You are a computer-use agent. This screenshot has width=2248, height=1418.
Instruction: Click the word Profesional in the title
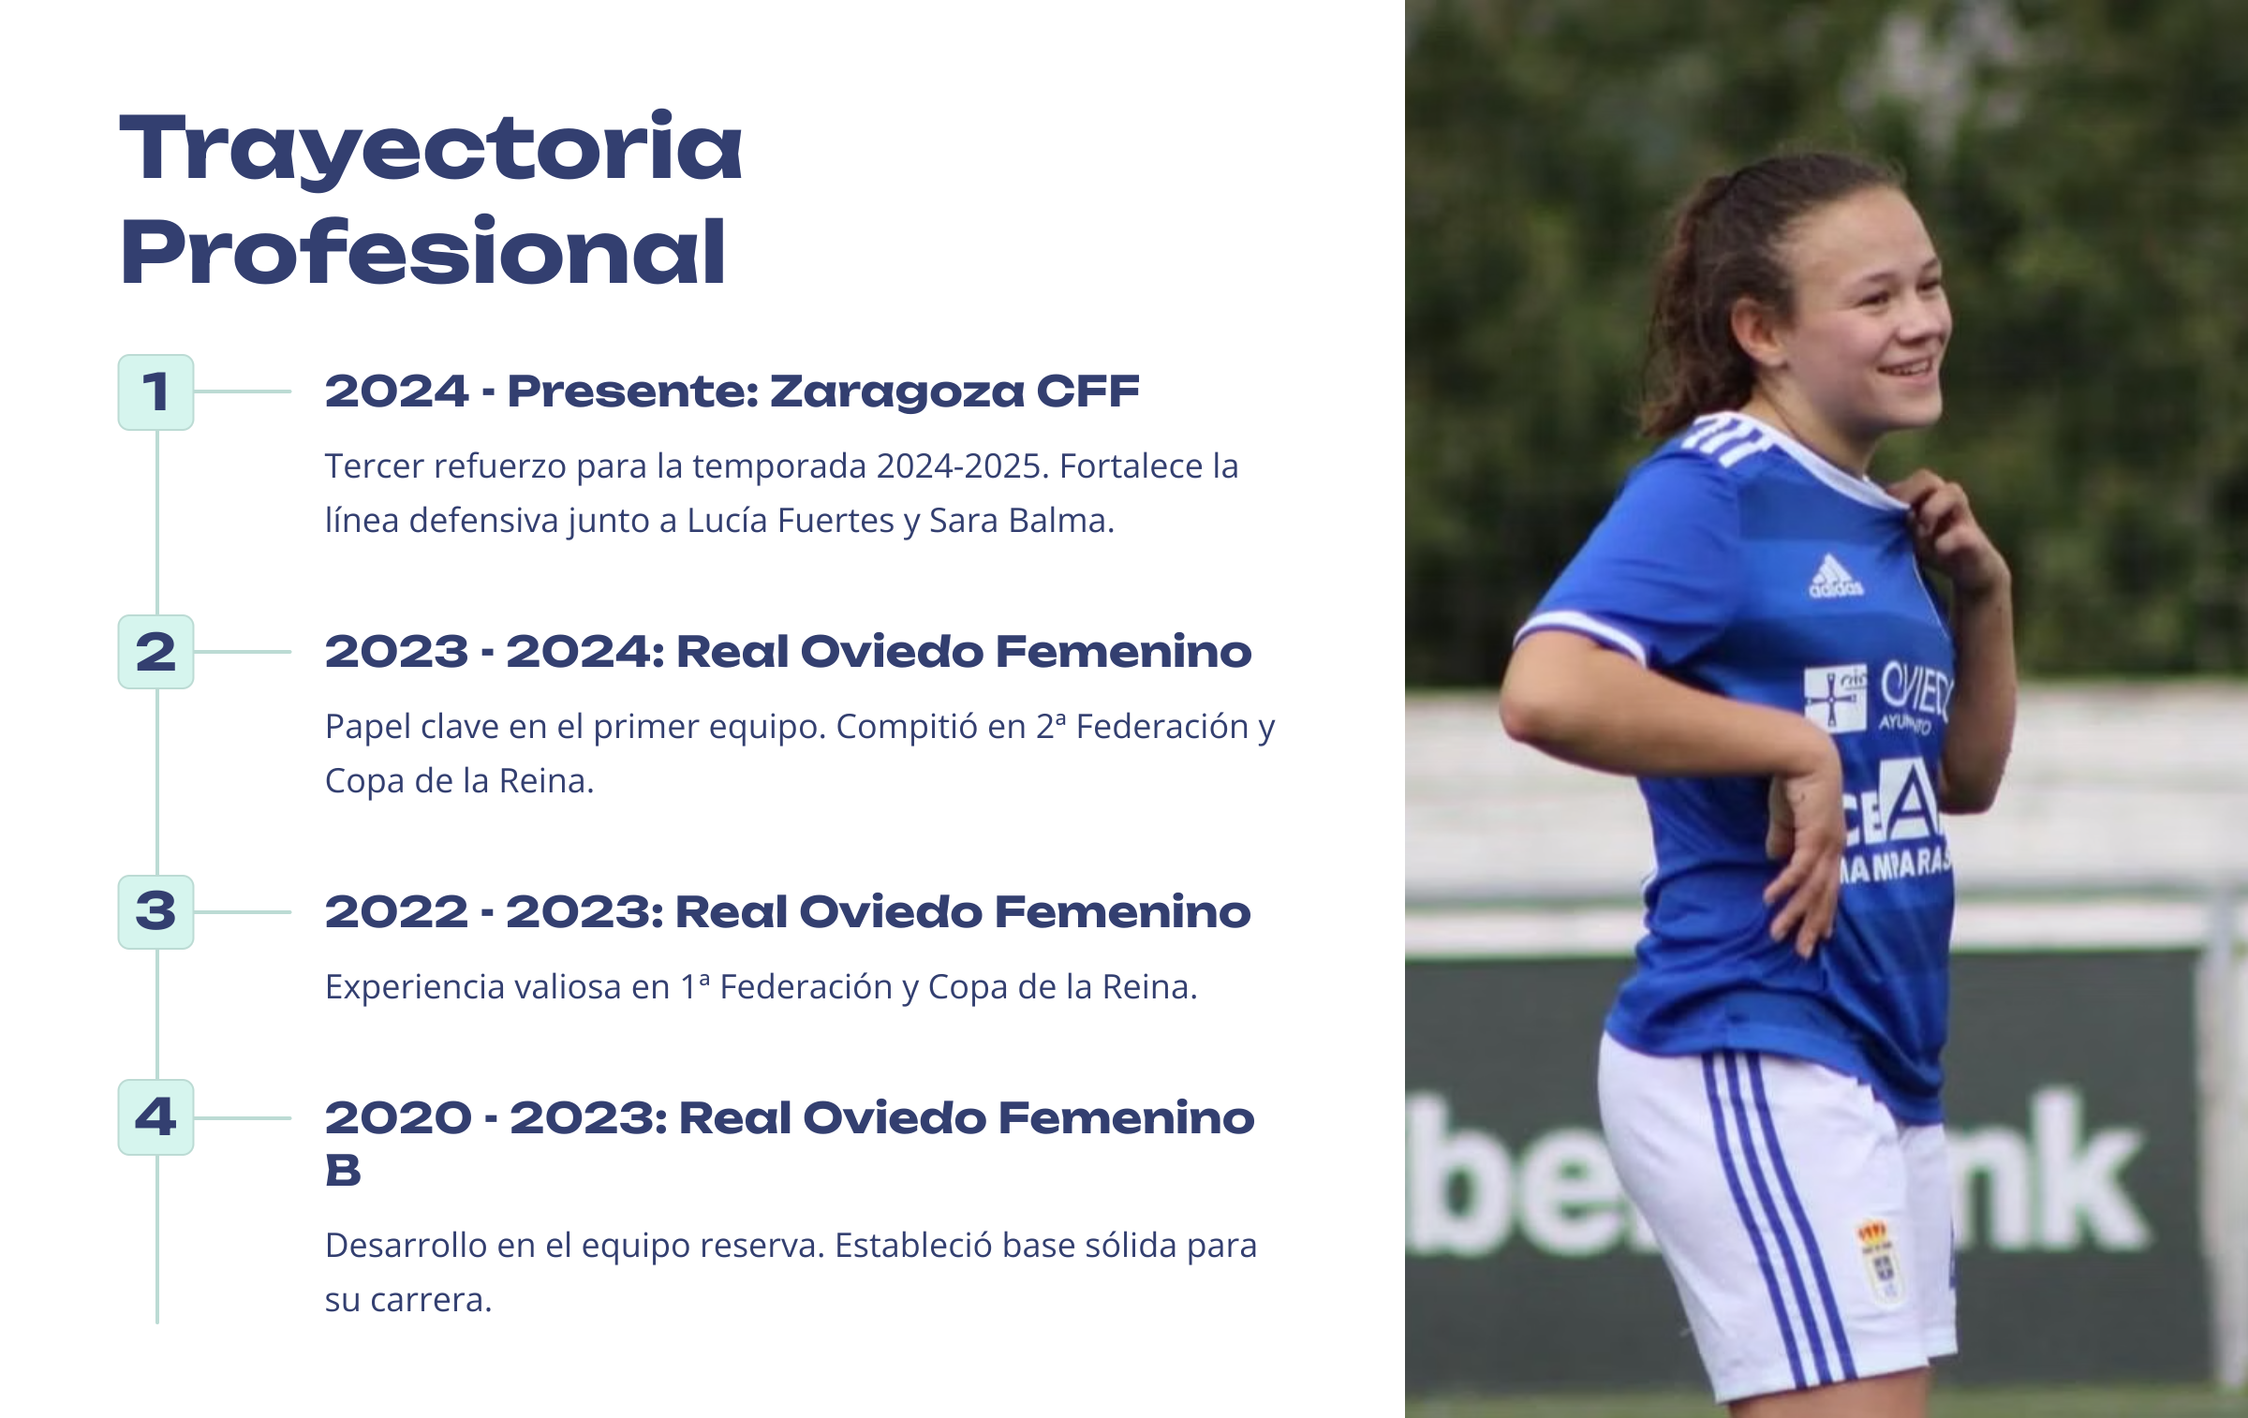click(x=423, y=250)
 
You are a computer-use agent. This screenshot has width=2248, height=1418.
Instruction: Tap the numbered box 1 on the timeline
click(x=155, y=392)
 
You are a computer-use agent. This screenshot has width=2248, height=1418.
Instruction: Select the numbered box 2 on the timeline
click(x=155, y=652)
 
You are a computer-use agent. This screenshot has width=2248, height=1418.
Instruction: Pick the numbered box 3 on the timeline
click(x=155, y=912)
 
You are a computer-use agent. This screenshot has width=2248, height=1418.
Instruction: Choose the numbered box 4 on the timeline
click(x=155, y=1117)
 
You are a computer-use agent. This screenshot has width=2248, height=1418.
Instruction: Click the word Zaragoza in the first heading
click(x=897, y=392)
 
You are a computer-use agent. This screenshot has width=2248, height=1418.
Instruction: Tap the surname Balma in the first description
click(x=1061, y=521)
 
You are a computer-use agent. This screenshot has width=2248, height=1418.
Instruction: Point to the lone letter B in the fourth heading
click(x=343, y=1171)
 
